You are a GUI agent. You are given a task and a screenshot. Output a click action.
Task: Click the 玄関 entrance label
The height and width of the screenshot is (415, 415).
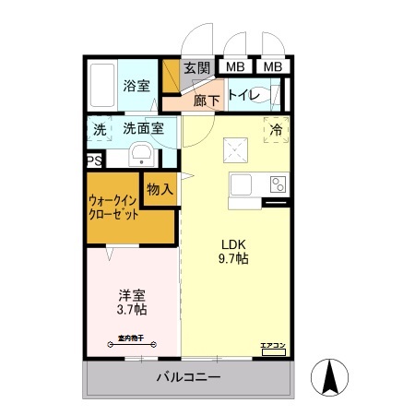click(x=196, y=66)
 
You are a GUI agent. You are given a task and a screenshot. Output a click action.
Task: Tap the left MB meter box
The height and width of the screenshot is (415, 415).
click(x=235, y=66)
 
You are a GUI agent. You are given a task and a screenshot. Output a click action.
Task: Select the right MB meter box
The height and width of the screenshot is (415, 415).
click(x=273, y=66)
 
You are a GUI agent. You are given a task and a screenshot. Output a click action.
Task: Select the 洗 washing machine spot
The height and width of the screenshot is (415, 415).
click(x=99, y=129)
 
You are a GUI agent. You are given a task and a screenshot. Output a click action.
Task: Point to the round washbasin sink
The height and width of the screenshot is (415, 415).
click(x=141, y=153)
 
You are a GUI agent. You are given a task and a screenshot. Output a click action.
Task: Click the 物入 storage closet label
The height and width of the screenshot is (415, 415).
click(x=160, y=189)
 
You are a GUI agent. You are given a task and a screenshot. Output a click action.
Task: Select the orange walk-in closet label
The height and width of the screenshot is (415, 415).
click(x=114, y=207)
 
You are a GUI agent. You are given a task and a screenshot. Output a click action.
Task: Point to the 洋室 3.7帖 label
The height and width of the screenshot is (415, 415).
click(x=132, y=303)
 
